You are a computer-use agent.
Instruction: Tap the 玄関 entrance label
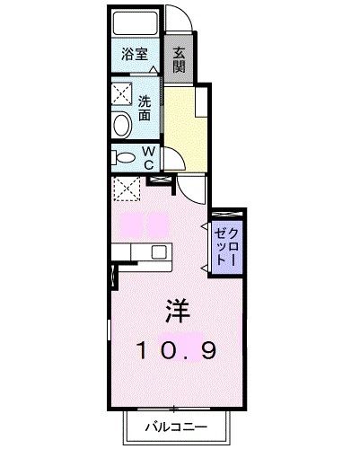180,59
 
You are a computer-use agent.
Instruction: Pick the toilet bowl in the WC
125,159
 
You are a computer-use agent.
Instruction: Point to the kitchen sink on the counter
158,251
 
